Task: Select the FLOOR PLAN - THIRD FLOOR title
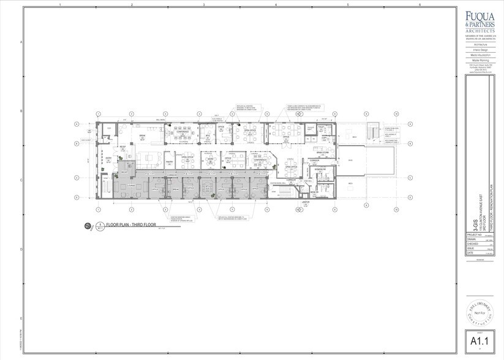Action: [131, 225]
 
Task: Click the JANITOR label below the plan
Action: [306, 201]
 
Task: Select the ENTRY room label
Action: [108, 158]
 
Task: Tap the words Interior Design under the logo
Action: [480, 50]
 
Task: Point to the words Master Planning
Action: [480, 60]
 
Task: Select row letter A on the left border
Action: [22, 42]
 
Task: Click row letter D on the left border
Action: [22, 250]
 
